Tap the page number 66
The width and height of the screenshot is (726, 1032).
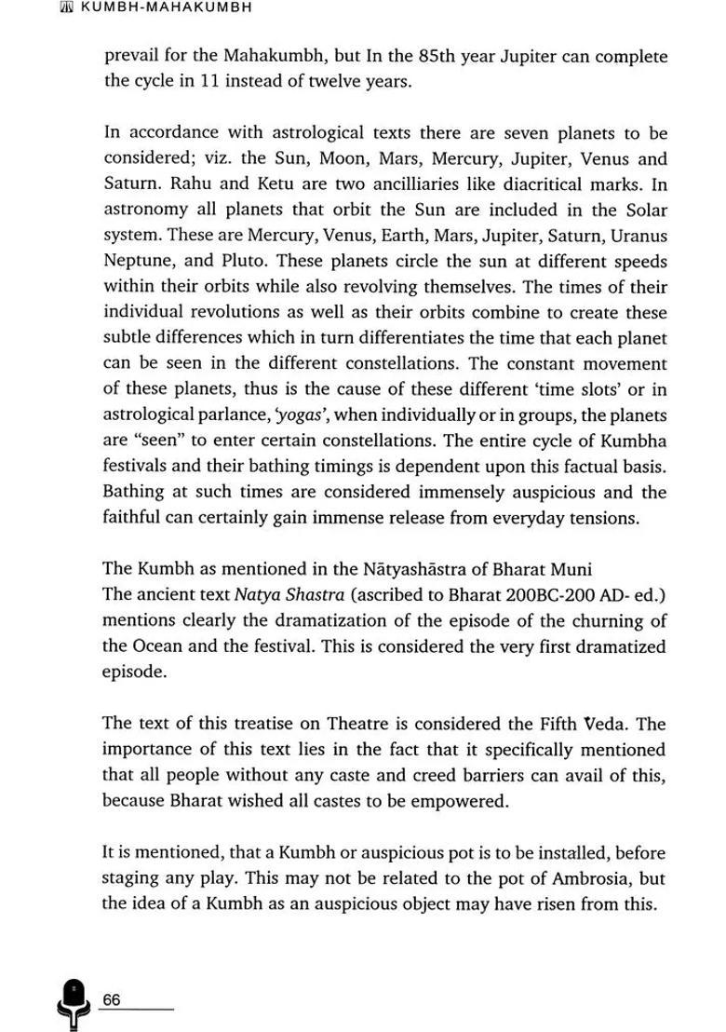112,999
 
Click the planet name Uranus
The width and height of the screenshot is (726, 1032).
635,236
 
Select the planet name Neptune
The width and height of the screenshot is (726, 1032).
139,262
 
